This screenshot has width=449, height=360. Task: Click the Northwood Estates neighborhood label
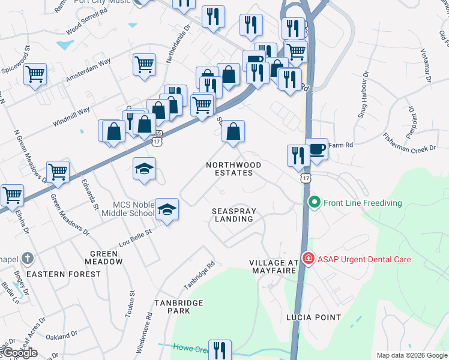[234, 169]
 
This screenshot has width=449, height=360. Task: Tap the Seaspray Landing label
[233, 215]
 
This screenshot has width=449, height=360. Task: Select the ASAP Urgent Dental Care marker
[308, 259]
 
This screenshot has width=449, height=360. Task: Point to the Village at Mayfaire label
[274, 267]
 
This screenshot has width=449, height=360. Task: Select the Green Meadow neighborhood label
[104, 258]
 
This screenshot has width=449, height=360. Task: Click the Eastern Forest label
[64, 274]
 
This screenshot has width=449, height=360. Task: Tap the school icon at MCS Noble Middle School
[167, 209]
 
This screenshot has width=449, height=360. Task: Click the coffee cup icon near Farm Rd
[316, 149]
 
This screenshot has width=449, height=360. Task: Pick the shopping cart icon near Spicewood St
[35, 75]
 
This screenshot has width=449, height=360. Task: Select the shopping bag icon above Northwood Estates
[234, 131]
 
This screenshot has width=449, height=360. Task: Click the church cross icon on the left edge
[27, 259]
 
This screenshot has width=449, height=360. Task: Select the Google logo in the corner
[20, 353]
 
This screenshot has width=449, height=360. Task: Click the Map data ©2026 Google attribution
[412, 355]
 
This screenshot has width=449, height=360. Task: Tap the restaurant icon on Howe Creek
[220, 350]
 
